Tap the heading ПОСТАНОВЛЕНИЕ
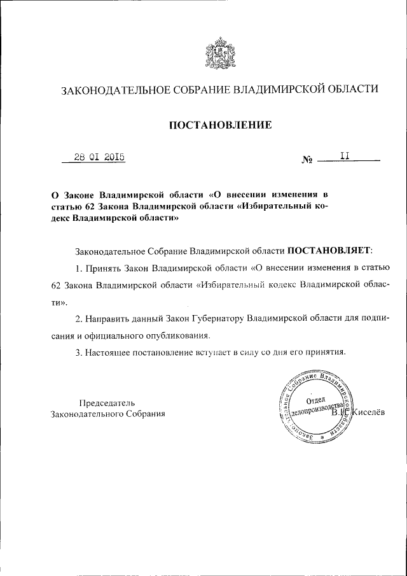click(x=219, y=125)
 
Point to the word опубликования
click(x=198, y=334)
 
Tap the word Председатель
click(x=107, y=402)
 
